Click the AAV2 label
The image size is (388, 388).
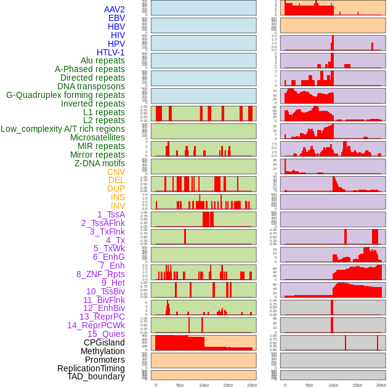click(114, 9)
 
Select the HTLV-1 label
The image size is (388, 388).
click(110, 52)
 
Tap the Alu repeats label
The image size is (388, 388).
click(102, 60)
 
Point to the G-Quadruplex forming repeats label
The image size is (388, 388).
click(65, 95)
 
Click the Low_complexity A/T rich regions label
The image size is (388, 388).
click(63, 129)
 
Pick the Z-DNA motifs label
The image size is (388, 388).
click(99, 163)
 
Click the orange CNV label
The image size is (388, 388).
click(116, 172)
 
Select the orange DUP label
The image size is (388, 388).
click(116, 188)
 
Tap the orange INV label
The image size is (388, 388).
click(118, 206)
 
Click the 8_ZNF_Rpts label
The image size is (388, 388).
click(100, 274)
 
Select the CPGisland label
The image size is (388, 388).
click(104, 342)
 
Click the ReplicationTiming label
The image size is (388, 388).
click(91, 368)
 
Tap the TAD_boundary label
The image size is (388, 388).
click(96, 376)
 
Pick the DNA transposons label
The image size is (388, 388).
click(91, 86)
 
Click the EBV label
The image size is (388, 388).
click(116, 18)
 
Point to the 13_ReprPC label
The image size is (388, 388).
click(102, 317)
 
